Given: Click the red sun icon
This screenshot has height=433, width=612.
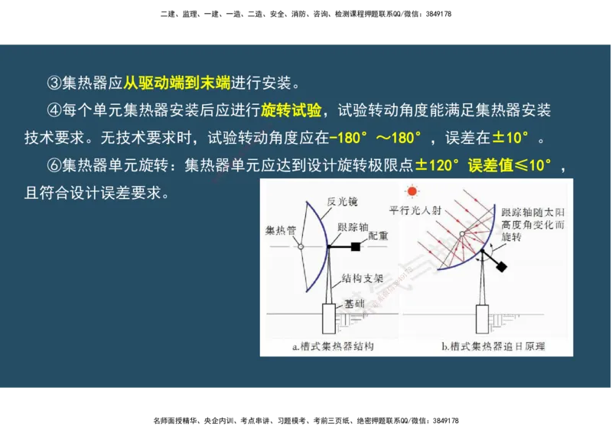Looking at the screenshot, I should click(413, 191).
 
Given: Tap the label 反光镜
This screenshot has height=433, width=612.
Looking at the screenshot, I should click(342, 201).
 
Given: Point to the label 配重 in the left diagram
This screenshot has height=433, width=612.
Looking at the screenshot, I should click(376, 236).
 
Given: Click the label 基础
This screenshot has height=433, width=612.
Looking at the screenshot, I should click(354, 303).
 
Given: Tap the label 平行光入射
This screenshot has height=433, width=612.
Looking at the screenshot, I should click(415, 210).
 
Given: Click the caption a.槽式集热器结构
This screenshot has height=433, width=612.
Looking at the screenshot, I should click(333, 347).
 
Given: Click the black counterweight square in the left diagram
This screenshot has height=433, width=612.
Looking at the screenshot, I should click(356, 246).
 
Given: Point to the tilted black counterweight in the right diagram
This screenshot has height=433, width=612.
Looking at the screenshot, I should click(501, 266).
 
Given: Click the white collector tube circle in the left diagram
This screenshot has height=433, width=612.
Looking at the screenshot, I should click(301, 246).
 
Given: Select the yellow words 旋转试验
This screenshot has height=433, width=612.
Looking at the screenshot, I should click(291, 110).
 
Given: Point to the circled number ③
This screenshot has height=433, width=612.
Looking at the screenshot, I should click(54, 82).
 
